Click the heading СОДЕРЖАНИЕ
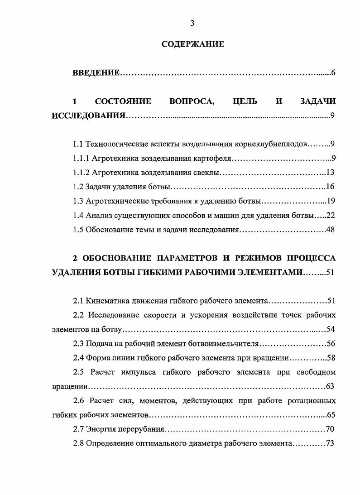192,44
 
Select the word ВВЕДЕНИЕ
96,73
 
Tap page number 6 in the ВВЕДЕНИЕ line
333,73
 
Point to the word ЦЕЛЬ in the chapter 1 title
245,101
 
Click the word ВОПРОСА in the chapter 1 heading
191,101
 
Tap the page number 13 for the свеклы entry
330,173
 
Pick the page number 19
330,201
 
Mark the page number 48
330,230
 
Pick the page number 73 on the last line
329,443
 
